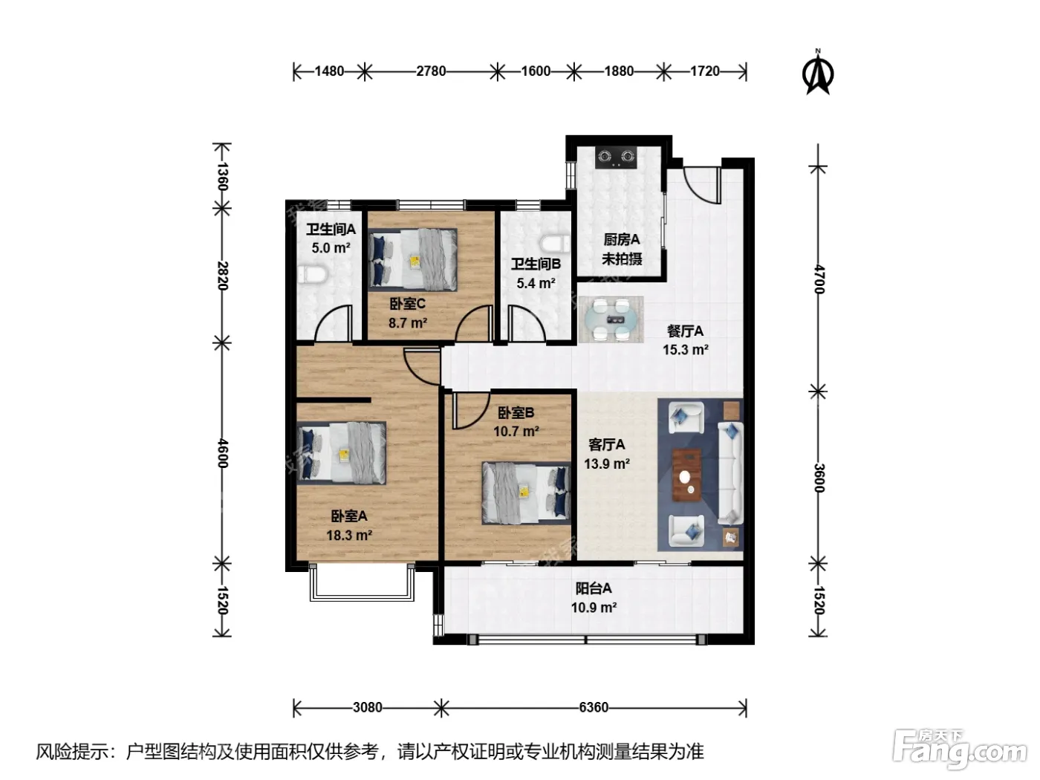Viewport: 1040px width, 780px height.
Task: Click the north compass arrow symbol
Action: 817,73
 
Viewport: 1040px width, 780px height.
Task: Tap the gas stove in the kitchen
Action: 616,157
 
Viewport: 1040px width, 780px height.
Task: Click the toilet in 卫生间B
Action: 556,244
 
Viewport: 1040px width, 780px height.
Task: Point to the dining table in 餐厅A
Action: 611,319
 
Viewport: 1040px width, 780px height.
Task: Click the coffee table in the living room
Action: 687,474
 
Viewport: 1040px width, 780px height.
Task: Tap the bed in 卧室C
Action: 413,259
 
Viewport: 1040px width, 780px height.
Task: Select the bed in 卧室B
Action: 526,493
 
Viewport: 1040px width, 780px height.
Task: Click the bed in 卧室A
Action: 341,452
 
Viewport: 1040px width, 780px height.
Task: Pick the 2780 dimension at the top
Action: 431,71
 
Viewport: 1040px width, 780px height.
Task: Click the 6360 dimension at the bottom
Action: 594,707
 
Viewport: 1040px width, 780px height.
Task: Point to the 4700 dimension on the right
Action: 819,280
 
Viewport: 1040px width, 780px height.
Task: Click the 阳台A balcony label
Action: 594,588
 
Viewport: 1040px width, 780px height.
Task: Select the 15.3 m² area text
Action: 685,350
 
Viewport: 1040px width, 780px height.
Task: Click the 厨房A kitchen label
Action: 621,240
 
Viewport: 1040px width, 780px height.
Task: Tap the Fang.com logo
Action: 959,751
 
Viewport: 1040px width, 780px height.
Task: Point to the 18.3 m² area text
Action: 349,535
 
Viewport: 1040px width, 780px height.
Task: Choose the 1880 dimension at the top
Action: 619,71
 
